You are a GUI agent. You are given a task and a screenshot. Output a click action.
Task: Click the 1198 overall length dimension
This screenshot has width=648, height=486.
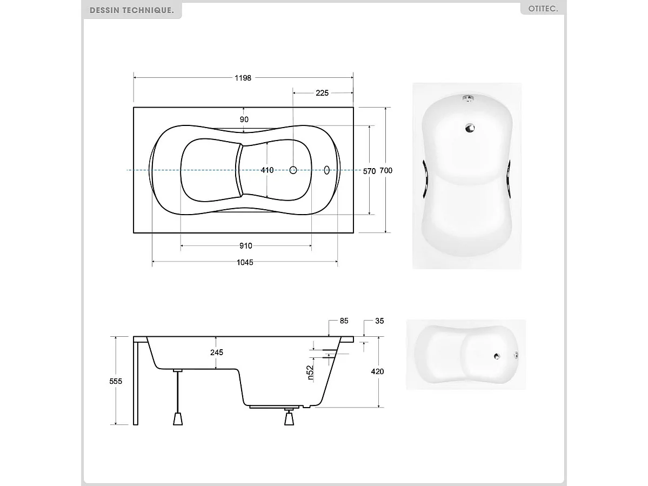[243, 78]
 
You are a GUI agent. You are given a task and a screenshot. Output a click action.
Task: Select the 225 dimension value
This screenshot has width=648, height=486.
[322, 93]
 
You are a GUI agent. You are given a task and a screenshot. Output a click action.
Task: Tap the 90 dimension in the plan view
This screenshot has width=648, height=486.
[244, 119]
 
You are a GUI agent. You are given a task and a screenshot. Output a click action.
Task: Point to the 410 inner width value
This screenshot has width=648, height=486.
[267, 170]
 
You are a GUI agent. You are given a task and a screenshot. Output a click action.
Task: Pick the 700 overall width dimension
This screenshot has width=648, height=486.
[386, 170]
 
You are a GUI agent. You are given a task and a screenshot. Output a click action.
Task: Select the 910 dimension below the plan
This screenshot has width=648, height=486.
[245, 246]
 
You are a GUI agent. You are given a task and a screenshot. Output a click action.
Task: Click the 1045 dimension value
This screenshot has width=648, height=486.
[244, 262]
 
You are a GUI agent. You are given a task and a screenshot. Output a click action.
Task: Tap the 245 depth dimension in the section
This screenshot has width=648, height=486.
[216, 352]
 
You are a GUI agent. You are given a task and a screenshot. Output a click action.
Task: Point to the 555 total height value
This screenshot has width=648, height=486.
[116, 381]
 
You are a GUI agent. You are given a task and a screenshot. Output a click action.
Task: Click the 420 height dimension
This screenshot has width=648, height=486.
[377, 371]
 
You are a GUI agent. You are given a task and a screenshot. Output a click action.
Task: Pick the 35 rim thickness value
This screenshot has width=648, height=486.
[379, 321]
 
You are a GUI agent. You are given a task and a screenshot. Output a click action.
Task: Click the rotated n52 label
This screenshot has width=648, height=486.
[310, 373]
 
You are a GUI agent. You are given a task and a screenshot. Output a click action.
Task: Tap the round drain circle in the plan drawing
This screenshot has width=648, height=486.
[293, 170]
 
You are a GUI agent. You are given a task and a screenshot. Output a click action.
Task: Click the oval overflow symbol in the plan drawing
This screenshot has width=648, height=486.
[326, 170]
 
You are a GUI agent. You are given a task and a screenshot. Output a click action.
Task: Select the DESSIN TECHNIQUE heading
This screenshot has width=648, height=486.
[131, 10]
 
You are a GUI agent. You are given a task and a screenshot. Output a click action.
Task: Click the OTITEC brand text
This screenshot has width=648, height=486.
[543, 9]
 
